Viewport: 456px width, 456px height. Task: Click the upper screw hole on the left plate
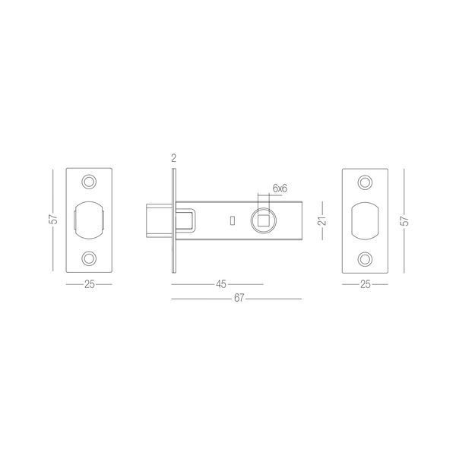tap(89, 182)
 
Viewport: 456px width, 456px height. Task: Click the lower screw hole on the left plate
tap(89, 258)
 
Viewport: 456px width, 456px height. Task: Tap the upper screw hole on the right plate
tap(365, 182)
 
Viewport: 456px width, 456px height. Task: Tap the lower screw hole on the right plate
tap(365, 259)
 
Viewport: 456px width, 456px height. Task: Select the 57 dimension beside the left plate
tap(53, 219)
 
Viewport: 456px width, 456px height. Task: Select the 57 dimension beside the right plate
tap(404, 220)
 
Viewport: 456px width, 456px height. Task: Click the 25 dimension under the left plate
tap(89, 284)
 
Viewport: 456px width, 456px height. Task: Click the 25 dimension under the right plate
tap(366, 284)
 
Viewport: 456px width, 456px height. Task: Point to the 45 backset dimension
tap(221, 284)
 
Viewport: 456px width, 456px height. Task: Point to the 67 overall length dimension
tap(239, 299)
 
